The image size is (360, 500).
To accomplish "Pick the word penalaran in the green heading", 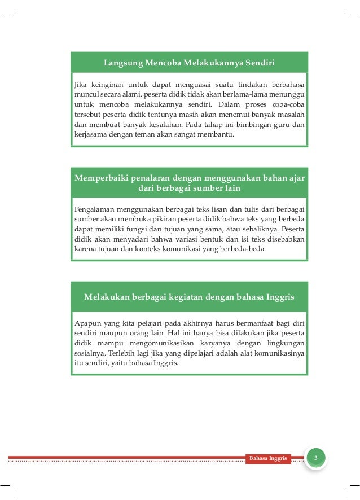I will point(148,178).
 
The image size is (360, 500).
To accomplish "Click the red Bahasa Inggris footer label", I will point(268,458).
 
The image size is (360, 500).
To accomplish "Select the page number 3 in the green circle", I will point(316,457).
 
